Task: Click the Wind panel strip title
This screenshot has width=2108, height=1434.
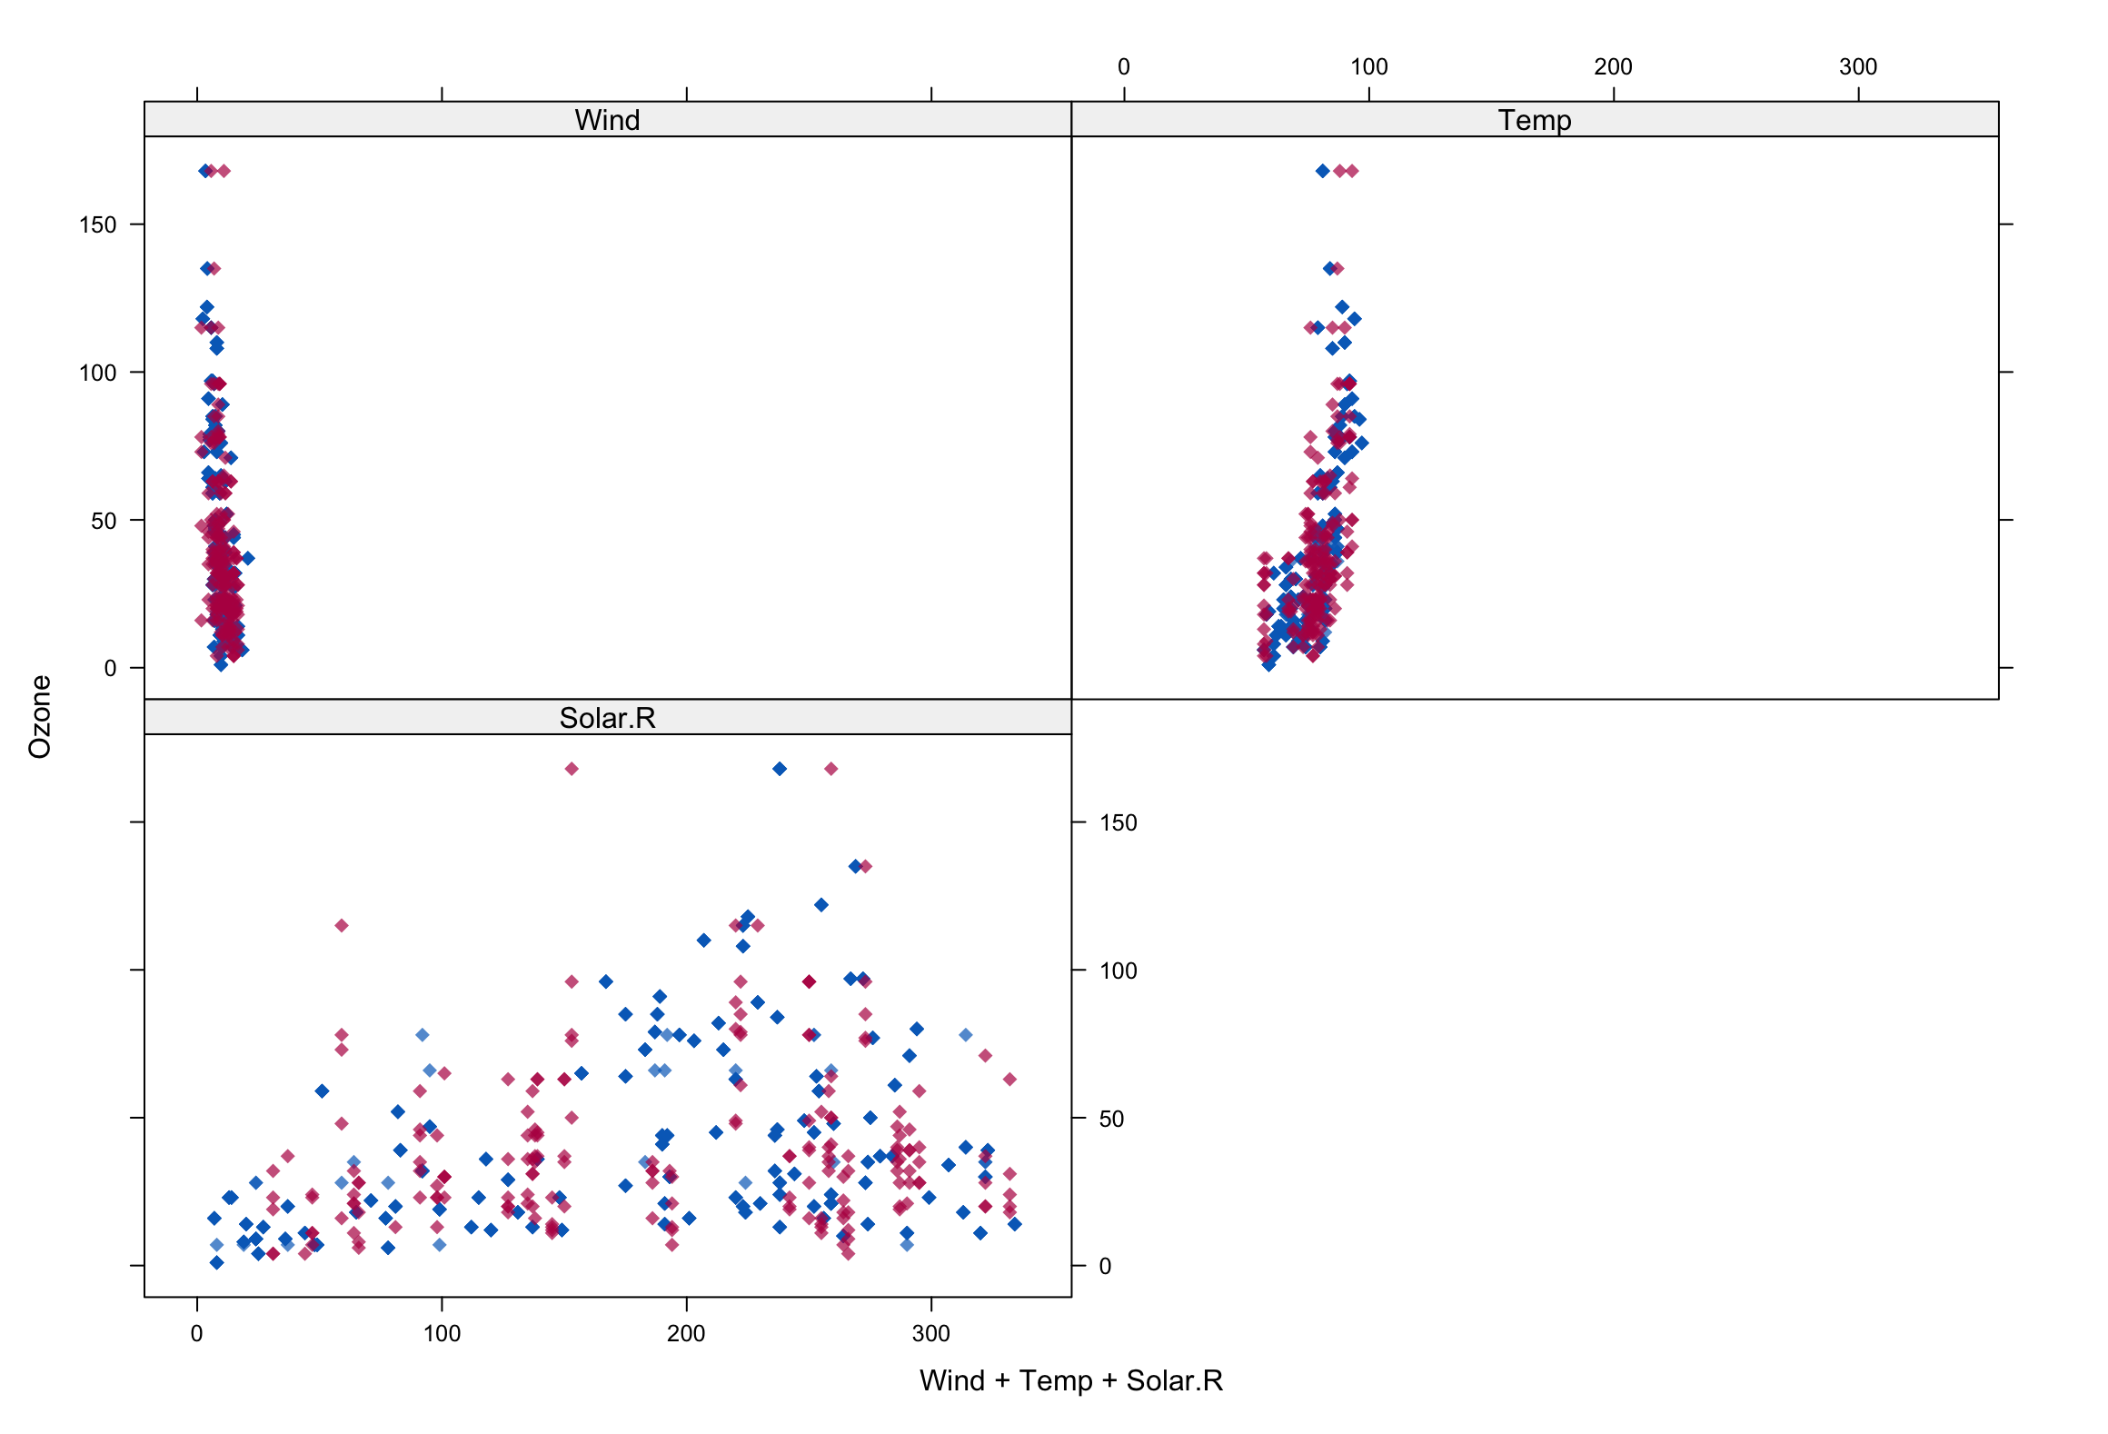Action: [x=607, y=120]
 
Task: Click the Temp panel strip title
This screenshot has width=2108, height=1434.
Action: [x=1534, y=120]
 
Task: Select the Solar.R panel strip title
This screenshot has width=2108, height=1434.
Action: [x=607, y=718]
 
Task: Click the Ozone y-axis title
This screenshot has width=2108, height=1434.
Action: [x=40, y=716]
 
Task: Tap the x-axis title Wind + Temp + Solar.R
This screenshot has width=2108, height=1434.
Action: [x=1070, y=1380]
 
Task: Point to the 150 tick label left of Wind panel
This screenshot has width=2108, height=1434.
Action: [x=98, y=224]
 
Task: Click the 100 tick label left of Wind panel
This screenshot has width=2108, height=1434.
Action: [x=98, y=373]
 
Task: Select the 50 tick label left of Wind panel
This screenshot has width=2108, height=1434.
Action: [x=104, y=521]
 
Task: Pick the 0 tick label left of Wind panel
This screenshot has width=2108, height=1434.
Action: [x=110, y=669]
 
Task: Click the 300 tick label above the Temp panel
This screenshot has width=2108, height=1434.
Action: [x=1857, y=67]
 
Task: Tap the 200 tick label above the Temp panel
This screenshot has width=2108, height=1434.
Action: [x=1613, y=67]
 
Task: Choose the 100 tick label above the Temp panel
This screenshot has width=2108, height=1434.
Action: [x=1368, y=67]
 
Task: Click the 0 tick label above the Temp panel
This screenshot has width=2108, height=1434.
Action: [x=1124, y=67]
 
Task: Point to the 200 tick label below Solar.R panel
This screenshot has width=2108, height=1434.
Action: [x=686, y=1333]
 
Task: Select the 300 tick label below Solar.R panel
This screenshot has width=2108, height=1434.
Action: [x=930, y=1333]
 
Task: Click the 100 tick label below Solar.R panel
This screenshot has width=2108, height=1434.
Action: [x=442, y=1333]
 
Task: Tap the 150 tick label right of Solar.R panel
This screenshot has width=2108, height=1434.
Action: [x=1118, y=823]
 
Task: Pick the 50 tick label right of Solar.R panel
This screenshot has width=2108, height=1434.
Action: [x=1111, y=1120]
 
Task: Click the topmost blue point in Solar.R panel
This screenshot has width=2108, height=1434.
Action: [x=780, y=769]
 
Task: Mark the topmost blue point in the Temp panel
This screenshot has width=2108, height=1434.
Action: [x=1323, y=171]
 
